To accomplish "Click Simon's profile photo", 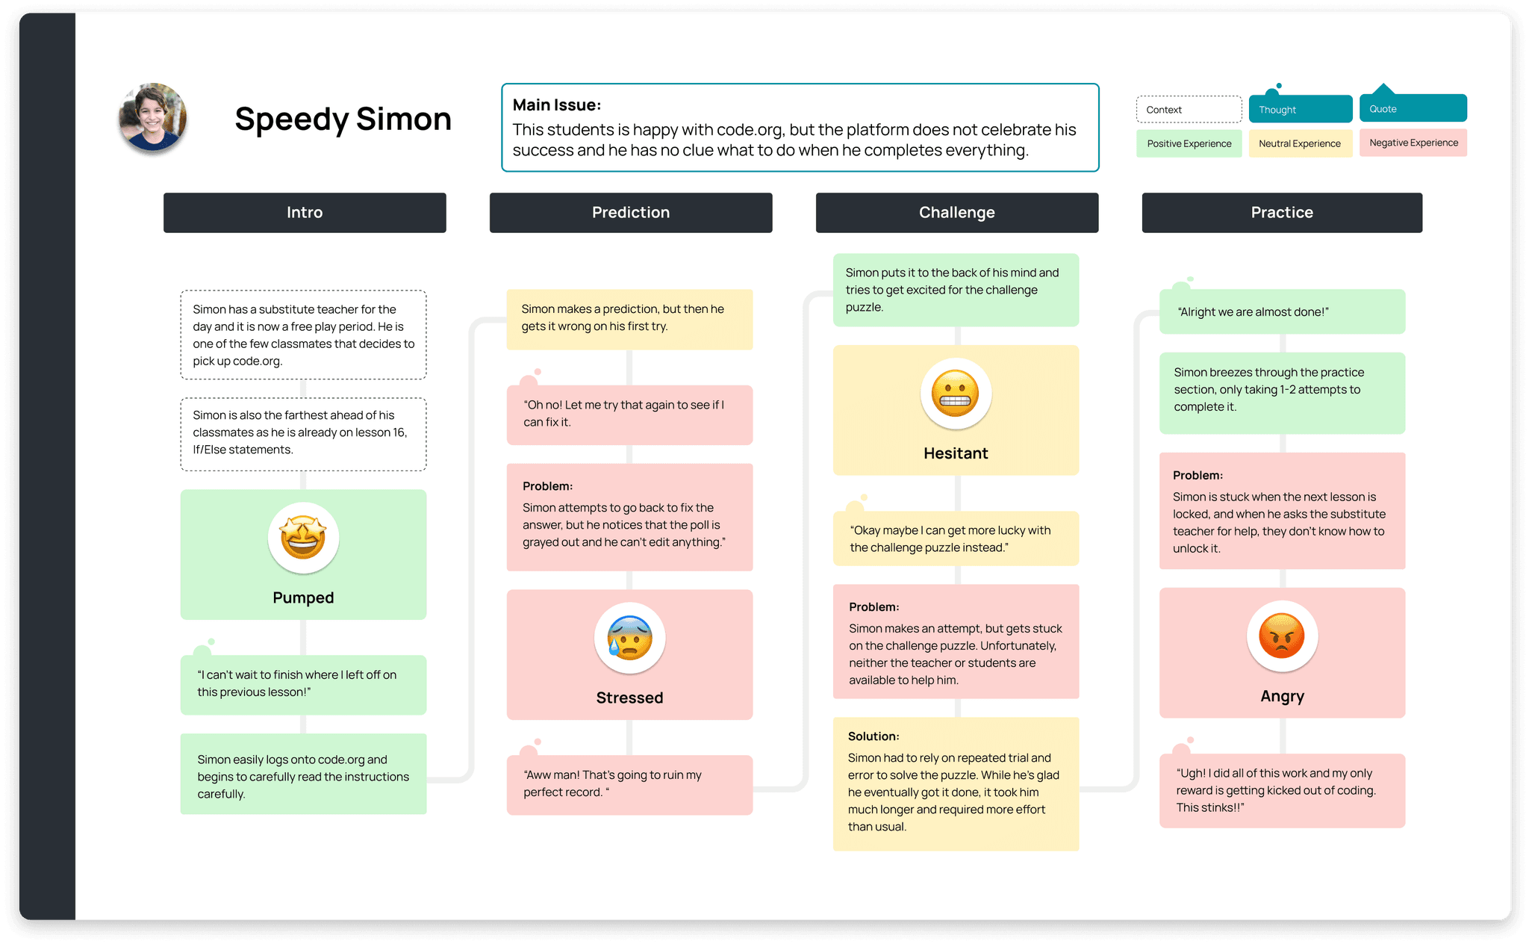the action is click(152, 117).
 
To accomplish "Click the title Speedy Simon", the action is click(343, 119).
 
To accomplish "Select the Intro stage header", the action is click(305, 213).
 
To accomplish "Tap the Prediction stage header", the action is click(631, 213).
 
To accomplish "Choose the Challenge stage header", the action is click(956, 213).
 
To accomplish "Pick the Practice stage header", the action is click(1282, 213).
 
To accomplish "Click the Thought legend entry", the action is click(1300, 109).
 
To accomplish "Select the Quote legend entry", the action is click(1413, 108).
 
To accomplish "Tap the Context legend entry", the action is click(1189, 110).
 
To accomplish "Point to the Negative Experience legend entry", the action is click(1413, 143).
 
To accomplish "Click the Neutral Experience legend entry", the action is click(1300, 143).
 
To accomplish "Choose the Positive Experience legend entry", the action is click(1189, 143).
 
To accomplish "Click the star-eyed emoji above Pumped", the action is click(303, 538).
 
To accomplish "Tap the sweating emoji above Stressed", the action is click(629, 638).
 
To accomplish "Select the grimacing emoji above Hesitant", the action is click(956, 394).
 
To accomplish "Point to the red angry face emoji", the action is click(1282, 636).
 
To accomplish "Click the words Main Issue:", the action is click(557, 105).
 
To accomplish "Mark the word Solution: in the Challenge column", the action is click(874, 736).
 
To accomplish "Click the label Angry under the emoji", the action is click(1282, 696).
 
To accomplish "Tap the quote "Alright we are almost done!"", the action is click(1253, 312).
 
